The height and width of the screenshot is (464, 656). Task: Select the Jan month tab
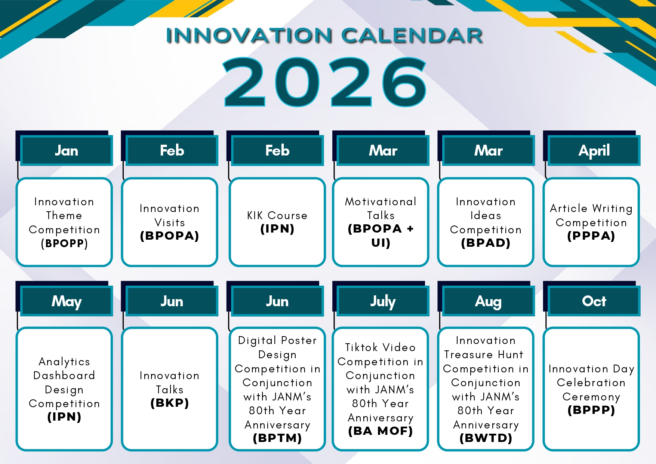67,151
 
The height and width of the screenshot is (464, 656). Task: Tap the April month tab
594,151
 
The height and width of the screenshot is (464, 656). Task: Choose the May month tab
67,301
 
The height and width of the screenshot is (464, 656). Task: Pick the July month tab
383,301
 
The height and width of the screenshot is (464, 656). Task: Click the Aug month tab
488,301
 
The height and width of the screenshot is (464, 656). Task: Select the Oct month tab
594,301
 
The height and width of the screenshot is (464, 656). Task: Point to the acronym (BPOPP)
64,243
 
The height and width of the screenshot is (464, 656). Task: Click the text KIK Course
277,215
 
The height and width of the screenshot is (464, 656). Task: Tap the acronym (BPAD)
486,243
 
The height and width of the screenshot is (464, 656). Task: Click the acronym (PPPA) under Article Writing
591,236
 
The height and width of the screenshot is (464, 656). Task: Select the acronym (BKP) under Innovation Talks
170,403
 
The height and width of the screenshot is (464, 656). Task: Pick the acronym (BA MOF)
381,431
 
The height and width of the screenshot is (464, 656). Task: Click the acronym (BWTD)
486,438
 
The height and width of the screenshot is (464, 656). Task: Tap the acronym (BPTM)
277,438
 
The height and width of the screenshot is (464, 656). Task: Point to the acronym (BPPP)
591,410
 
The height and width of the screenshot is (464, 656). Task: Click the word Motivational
381,202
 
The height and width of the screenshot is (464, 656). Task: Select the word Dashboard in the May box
64,375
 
